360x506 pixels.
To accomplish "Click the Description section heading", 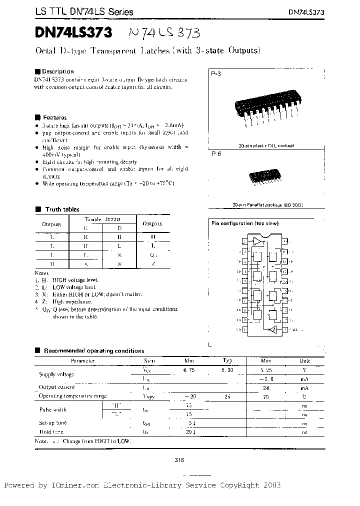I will coord(57,71).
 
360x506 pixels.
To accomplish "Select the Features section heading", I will coord(54,117).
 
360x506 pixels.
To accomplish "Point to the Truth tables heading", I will coord(62,209).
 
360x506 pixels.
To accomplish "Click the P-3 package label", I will coord(215,73).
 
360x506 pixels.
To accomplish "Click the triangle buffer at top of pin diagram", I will coord(257,241).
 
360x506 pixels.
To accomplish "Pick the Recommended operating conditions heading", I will coord(94,351).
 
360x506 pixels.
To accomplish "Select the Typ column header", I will coord(227,360).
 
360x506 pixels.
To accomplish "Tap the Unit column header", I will coord(304,361).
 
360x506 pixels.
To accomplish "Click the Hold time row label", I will coord(51,431).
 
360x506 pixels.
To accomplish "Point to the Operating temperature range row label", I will coord(73,395).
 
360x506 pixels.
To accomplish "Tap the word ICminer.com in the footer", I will coord(76,485).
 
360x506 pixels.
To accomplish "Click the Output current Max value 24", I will coord(265,387).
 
